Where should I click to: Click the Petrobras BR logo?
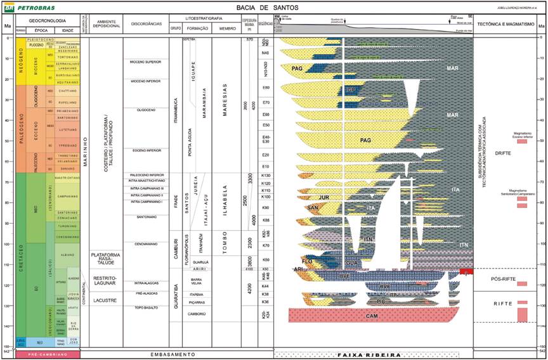[9, 7]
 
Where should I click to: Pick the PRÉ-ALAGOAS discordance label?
[147, 293]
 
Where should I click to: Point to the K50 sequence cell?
[266, 260]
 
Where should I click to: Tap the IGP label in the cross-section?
[351, 91]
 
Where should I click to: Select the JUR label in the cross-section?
[325, 197]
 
